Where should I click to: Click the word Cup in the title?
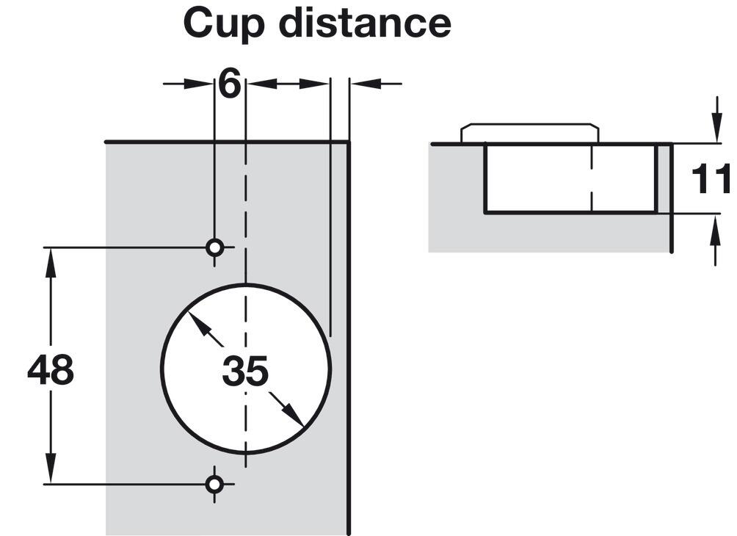[x=224, y=24]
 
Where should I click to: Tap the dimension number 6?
[x=230, y=84]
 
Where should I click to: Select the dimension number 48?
[x=51, y=369]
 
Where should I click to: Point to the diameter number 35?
[x=245, y=371]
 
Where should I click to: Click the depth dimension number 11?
[x=711, y=179]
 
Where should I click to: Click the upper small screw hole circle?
[x=215, y=247]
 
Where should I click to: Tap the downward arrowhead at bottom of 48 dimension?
[x=51, y=468]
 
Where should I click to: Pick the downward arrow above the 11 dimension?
[x=716, y=119]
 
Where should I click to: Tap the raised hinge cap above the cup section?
[x=529, y=133]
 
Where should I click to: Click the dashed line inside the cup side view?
[x=592, y=178]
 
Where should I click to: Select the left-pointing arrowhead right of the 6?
[x=261, y=84]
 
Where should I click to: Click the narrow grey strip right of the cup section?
[x=663, y=178]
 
